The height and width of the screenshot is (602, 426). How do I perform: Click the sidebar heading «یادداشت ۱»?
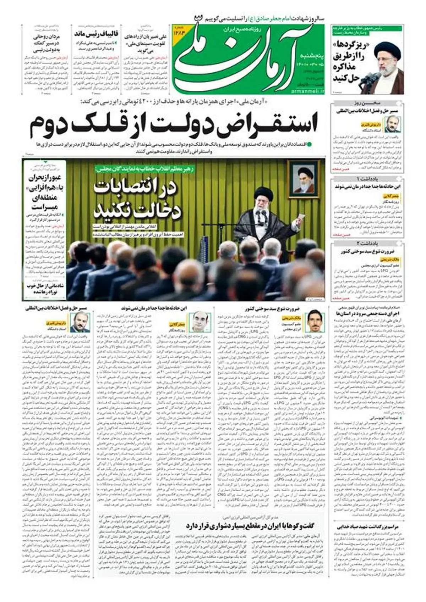point(367,178)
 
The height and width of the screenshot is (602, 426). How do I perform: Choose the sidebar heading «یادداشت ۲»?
point(367,243)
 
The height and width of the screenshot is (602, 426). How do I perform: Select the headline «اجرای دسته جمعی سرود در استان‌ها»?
point(372,314)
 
